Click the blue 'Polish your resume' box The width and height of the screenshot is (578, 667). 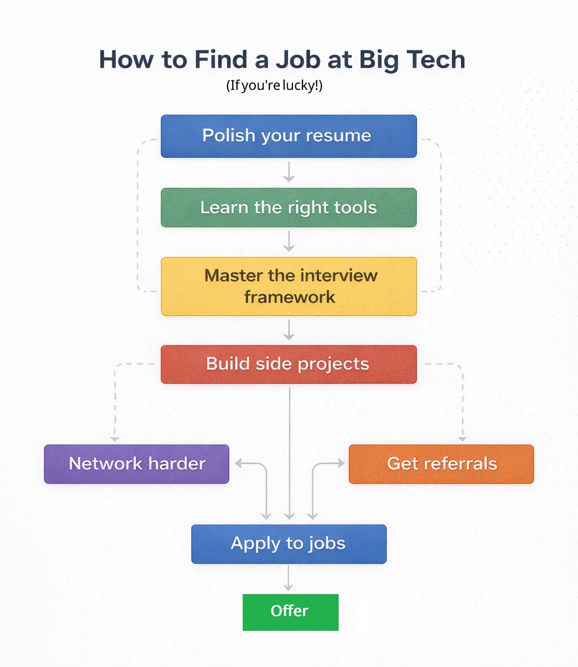(x=288, y=136)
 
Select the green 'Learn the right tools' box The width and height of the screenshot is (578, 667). (x=288, y=207)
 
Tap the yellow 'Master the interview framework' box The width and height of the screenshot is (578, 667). (x=288, y=286)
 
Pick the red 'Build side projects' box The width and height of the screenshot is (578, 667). (x=288, y=364)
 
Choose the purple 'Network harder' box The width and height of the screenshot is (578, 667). (x=137, y=464)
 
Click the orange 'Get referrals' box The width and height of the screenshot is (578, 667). (x=441, y=464)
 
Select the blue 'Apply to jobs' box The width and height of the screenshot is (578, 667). (x=288, y=544)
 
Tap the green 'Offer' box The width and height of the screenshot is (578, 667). (x=290, y=612)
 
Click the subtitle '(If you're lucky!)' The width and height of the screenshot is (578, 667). (x=274, y=86)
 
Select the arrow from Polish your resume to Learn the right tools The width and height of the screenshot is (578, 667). (x=289, y=172)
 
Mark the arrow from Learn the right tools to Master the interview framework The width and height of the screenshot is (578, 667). (x=289, y=242)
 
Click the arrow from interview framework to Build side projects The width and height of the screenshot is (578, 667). (x=289, y=330)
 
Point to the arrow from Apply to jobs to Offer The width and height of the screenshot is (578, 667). (x=288, y=578)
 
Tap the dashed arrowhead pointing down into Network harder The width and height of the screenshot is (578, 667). (x=115, y=439)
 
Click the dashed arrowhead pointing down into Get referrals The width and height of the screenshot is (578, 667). (x=462, y=439)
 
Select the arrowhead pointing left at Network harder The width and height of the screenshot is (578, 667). (x=238, y=464)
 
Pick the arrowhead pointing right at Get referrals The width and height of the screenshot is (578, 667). (x=340, y=464)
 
